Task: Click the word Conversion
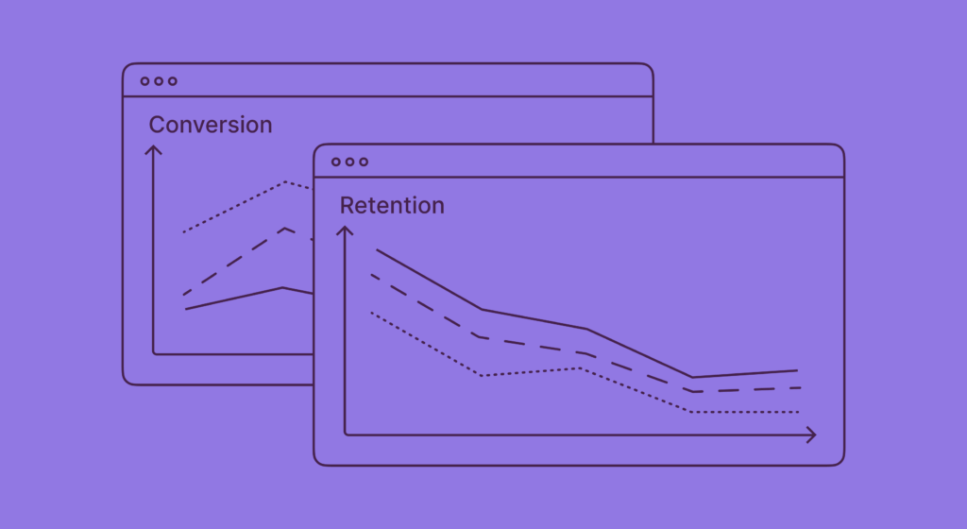pos(210,125)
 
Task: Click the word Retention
pos(392,205)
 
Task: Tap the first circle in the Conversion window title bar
pos(145,81)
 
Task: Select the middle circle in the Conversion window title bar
pos(159,81)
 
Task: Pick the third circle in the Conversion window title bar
pos(172,81)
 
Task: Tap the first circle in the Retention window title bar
pos(336,162)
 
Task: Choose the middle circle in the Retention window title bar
pos(349,162)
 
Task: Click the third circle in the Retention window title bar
pos(364,162)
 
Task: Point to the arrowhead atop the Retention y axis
pos(346,229)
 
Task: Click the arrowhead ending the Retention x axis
pos(812,435)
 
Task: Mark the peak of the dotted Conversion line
pos(285,181)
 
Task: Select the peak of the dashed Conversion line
pos(284,228)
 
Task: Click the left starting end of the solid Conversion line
pos(186,309)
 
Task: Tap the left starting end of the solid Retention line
pos(377,249)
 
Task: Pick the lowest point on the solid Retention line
pos(692,378)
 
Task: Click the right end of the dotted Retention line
pos(799,412)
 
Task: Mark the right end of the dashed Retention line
pos(800,387)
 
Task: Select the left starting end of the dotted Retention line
pos(371,312)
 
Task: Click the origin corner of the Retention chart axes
pos(346,435)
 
